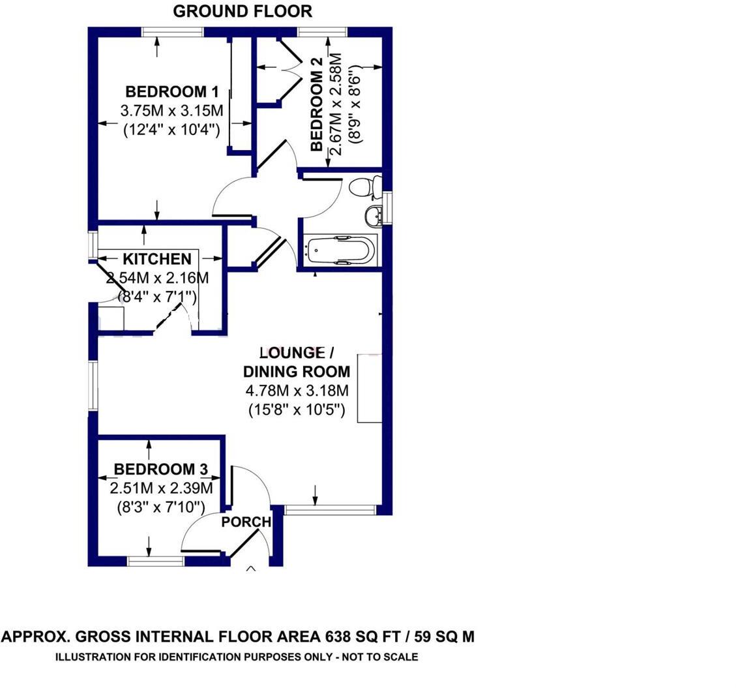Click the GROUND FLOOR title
(243, 11)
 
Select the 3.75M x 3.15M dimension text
(171, 110)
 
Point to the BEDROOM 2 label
(317, 105)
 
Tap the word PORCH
(246, 522)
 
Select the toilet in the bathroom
(364, 187)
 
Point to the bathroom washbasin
(374, 215)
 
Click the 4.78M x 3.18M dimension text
(296, 391)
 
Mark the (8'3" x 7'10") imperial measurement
(158, 507)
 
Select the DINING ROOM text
(296, 372)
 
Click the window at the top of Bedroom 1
(173, 31)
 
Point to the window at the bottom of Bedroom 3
(156, 560)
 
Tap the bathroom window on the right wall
(387, 208)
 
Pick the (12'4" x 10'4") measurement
(171, 129)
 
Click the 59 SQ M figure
(441, 637)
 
